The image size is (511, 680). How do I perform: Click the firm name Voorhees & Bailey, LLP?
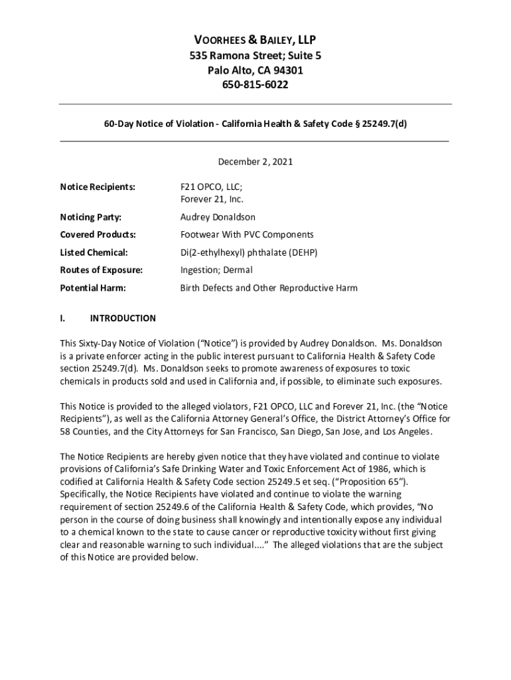[x=256, y=40]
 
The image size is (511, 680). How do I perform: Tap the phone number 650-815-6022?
[x=256, y=85]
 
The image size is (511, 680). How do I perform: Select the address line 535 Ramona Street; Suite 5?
[x=256, y=56]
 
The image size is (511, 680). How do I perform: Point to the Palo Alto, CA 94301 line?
[x=256, y=70]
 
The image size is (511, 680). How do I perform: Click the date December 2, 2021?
[x=256, y=161]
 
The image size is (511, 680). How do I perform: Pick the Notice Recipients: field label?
[x=98, y=187]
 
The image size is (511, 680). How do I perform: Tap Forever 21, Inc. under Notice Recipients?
[x=212, y=199]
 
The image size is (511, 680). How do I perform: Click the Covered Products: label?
[x=98, y=234]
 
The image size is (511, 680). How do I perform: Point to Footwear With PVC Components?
[x=247, y=234]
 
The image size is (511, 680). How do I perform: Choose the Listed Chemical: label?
[x=94, y=252]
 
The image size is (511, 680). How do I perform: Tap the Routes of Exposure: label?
[x=101, y=270]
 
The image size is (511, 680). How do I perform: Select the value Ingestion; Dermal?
[x=216, y=270]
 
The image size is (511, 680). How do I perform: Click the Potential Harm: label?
[x=93, y=288]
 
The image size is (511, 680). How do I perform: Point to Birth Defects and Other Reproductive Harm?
[x=269, y=288]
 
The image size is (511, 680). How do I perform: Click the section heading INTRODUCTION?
[x=123, y=319]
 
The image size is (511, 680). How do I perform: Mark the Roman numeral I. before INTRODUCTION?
[x=62, y=319]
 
